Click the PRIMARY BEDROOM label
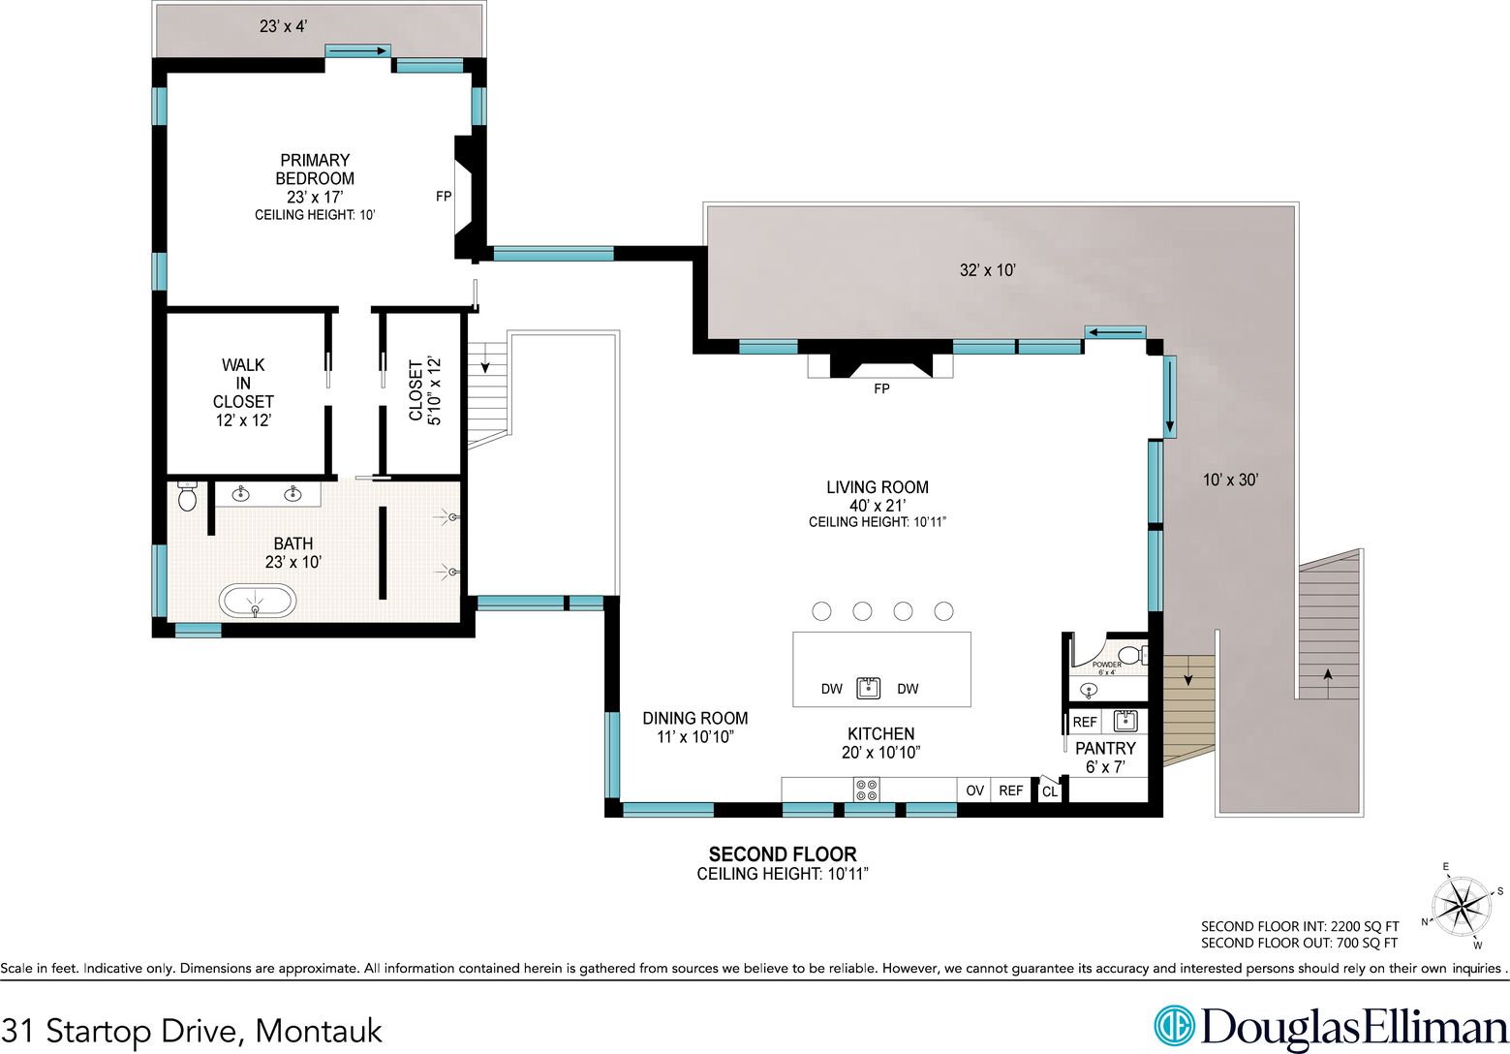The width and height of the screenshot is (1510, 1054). tap(315, 170)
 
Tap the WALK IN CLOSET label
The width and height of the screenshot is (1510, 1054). tap(243, 383)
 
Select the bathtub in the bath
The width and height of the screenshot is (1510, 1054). tap(257, 601)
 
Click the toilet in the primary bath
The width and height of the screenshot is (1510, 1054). tap(187, 496)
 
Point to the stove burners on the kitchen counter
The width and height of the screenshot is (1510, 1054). tap(866, 790)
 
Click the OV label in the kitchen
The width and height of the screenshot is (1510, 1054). tap(974, 790)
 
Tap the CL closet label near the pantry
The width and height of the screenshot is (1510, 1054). tap(1050, 791)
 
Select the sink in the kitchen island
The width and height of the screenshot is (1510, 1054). tap(868, 688)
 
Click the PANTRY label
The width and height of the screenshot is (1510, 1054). tap(1105, 749)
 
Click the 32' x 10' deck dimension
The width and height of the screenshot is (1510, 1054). tap(988, 270)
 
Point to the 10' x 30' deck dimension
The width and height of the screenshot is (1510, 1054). tap(1231, 480)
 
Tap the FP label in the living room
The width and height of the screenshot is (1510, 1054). tap(881, 388)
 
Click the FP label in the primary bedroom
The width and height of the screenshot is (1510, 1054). tap(444, 197)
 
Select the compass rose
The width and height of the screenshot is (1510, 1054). tap(1461, 906)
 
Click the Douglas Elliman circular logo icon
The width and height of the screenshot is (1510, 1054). tap(1174, 1026)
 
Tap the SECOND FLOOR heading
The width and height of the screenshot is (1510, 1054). tap(783, 854)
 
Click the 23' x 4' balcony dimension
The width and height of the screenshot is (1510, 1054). tap(283, 26)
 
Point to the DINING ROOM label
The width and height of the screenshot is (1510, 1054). tap(695, 718)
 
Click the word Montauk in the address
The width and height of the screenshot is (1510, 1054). tap(319, 1031)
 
